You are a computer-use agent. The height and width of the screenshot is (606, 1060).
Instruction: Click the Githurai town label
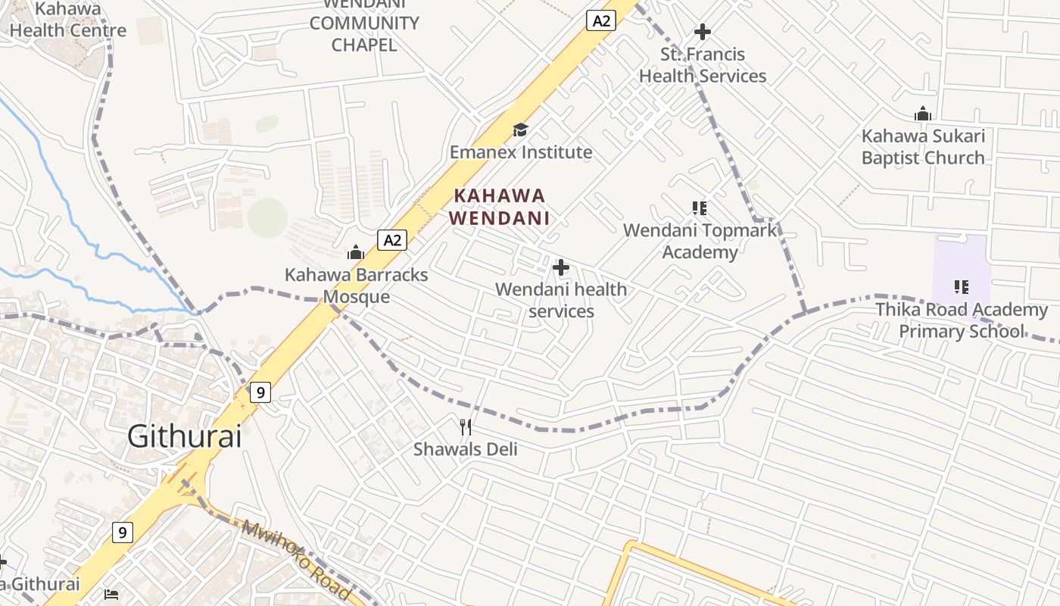click(x=184, y=436)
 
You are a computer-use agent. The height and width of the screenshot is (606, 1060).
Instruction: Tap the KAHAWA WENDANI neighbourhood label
click(x=500, y=207)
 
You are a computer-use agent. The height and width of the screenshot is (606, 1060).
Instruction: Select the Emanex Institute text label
click(x=521, y=152)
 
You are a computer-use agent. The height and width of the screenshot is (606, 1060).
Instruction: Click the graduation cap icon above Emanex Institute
click(x=520, y=130)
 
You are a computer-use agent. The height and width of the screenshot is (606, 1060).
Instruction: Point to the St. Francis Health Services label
click(x=703, y=65)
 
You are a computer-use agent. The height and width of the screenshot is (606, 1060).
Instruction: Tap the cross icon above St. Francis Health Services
click(x=703, y=32)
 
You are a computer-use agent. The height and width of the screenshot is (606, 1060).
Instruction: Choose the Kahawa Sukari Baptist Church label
click(x=923, y=147)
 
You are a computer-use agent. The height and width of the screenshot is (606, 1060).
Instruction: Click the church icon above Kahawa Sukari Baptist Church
click(x=923, y=114)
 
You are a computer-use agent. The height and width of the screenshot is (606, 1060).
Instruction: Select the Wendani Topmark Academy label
click(x=700, y=241)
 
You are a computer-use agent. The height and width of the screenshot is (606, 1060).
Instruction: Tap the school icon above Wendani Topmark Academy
click(x=700, y=208)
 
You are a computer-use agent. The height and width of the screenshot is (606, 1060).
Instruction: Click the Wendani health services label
click(x=561, y=300)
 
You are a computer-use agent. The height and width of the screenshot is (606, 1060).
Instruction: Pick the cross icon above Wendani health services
click(x=561, y=267)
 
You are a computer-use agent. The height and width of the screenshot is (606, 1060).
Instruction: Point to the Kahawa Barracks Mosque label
click(x=356, y=286)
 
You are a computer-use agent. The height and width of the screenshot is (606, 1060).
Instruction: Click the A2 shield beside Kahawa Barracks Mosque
click(x=391, y=241)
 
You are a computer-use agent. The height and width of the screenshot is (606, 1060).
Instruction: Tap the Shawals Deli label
click(x=466, y=449)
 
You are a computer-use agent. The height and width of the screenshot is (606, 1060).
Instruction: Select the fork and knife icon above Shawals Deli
click(x=466, y=427)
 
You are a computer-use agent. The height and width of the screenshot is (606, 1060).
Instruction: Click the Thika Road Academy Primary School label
click(x=962, y=320)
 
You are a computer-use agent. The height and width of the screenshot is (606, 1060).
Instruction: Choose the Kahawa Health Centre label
click(x=68, y=20)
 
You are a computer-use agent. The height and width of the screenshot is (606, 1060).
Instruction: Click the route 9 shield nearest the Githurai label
click(x=260, y=392)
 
